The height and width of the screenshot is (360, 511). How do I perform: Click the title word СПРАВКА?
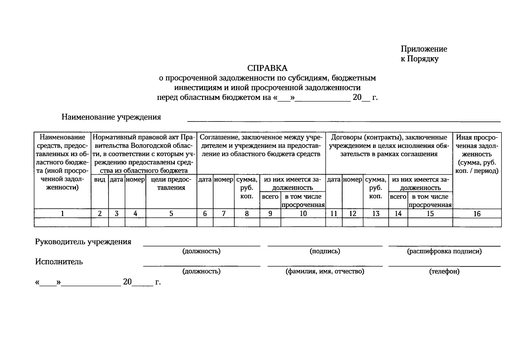[267, 68]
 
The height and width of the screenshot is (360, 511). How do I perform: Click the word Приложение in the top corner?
[424, 49]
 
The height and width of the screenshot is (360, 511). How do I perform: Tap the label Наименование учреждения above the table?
[111, 117]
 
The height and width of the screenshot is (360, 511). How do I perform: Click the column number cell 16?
[477, 214]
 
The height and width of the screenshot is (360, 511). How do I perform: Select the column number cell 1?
[62, 214]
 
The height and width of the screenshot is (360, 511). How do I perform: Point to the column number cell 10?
[303, 214]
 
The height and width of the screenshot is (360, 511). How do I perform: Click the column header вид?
[100, 180]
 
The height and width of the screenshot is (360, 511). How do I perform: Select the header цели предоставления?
[171, 184]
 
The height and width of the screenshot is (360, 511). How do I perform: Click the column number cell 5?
[171, 214]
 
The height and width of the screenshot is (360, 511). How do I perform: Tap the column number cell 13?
[376, 214]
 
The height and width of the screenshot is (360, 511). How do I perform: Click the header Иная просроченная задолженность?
[477, 154]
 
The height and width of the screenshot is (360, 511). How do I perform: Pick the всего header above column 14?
[398, 197]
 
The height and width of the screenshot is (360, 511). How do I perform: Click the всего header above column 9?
[270, 197]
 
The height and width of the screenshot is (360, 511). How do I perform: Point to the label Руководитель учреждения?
[83, 242]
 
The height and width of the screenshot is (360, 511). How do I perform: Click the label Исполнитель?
[59, 262]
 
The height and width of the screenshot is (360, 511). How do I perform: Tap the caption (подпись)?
[325, 251]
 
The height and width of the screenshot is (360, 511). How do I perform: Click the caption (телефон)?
[444, 271]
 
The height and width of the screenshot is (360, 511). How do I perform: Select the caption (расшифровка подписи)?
[444, 251]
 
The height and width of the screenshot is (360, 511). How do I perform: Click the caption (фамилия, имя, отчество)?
[325, 271]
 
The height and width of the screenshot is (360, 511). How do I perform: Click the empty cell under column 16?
[477, 222]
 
